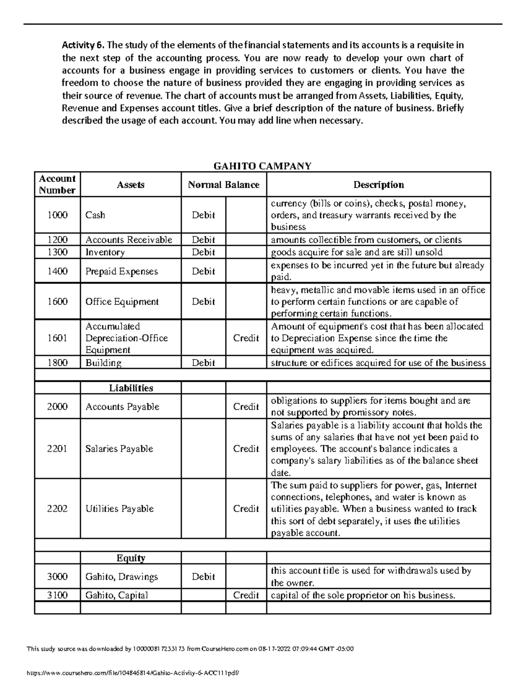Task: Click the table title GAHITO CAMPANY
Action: pyautogui.click(x=262, y=166)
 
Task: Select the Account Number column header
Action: pyautogui.click(x=57, y=184)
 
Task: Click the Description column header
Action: pyautogui.click(x=378, y=185)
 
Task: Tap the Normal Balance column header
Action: pyautogui.click(x=224, y=185)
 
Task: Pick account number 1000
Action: pyautogui.click(x=57, y=215)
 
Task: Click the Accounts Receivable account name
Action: pyautogui.click(x=128, y=240)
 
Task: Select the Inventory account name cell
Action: pyautogui.click(x=105, y=252)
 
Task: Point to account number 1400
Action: pyautogui.click(x=57, y=271)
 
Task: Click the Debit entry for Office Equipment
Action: pyautogui.click(x=203, y=302)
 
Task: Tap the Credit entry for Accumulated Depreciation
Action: pyautogui.click(x=246, y=338)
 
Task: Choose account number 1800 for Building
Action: pyautogui.click(x=57, y=363)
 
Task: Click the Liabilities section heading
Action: pyautogui.click(x=131, y=388)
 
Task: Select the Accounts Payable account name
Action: pyautogui.click(x=122, y=407)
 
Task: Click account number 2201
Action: pyautogui.click(x=57, y=449)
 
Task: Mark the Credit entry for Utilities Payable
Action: pyautogui.click(x=246, y=509)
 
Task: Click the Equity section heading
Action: pyautogui.click(x=131, y=558)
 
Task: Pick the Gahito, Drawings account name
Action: pyautogui.click(x=121, y=577)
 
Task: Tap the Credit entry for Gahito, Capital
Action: pyautogui.click(x=246, y=595)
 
